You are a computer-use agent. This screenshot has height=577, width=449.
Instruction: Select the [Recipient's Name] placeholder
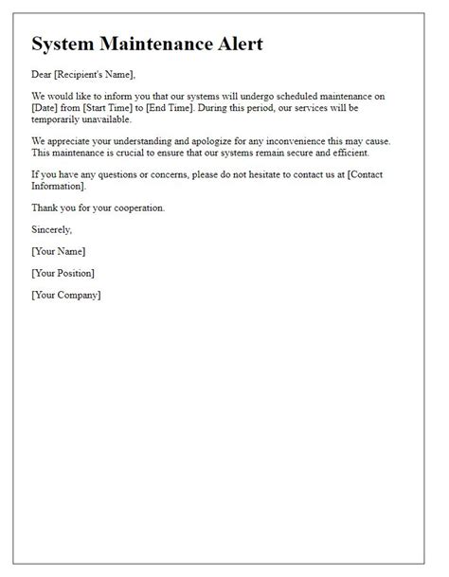(99, 75)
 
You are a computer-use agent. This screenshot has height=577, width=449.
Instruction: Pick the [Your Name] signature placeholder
(59, 253)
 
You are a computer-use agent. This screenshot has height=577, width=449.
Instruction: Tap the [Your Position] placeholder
(63, 275)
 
